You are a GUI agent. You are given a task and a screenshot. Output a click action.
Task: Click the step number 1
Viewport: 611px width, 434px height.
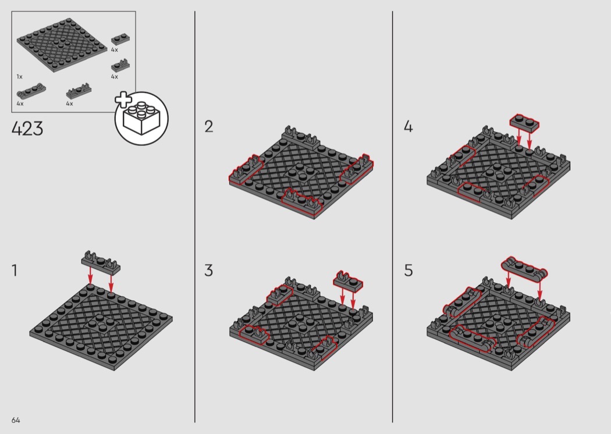tap(15, 271)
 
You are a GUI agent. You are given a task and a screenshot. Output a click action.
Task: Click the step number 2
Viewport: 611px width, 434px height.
tap(209, 127)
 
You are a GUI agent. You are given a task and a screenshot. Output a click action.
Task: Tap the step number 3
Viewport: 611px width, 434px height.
tap(209, 271)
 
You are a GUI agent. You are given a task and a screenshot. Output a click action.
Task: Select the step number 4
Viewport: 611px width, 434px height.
tap(408, 127)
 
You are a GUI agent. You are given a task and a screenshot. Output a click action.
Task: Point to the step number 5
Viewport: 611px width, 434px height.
tap(408, 271)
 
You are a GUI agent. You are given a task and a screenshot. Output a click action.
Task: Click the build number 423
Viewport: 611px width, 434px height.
tap(27, 129)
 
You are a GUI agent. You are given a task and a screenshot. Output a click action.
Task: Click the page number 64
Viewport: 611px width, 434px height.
tap(16, 420)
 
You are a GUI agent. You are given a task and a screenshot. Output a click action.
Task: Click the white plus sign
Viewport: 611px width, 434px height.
tap(123, 100)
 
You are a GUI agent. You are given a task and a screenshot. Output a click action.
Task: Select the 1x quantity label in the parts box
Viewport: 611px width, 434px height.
tap(19, 77)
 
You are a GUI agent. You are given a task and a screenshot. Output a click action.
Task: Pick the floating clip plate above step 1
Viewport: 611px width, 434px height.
tap(101, 262)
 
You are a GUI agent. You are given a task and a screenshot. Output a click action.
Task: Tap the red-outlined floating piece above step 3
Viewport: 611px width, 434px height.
tap(348, 280)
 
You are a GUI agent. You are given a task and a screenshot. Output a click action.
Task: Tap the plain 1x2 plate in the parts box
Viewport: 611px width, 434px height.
tap(120, 40)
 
